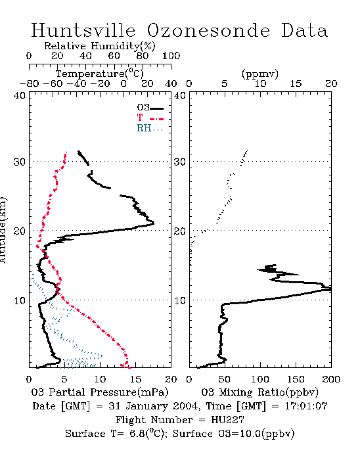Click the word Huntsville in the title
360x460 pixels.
coord(83,30)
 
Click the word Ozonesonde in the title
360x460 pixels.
coord(208,30)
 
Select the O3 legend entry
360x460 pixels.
coord(150,108)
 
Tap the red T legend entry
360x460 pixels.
coord(150,118)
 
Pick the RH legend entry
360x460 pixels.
coord(150,128)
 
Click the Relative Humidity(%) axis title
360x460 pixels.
coord(100,46)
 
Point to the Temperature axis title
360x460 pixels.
coord(100,74)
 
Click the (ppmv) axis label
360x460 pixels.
coord(260,74)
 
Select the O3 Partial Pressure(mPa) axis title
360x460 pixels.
coord(100,392)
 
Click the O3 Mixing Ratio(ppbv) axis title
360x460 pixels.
coord(259,392)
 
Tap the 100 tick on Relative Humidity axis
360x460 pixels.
coord(171,56)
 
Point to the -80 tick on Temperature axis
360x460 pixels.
coord(30,83)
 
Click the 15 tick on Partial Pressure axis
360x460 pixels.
coord(135,379)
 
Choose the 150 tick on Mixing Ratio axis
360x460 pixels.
coord(296,379)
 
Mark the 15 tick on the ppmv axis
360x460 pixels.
coord(296,83)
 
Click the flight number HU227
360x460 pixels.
coord(227,420)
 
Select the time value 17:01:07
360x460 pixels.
coord(306,406)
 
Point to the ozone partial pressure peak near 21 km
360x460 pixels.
coord(154,223)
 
